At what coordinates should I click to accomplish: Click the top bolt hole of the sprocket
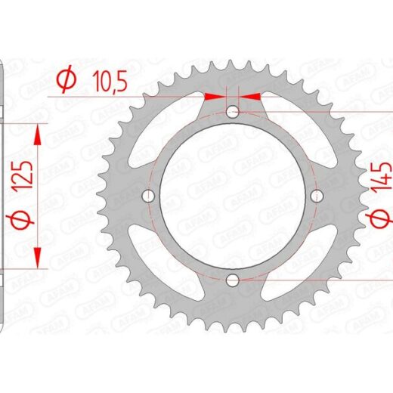pos(233,112)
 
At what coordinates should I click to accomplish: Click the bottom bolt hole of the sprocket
pos(233,280)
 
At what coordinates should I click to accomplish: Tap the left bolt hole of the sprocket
pos(148,196)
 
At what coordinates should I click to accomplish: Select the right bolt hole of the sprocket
pos(317,196)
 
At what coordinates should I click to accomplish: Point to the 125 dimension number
pos(24,175)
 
